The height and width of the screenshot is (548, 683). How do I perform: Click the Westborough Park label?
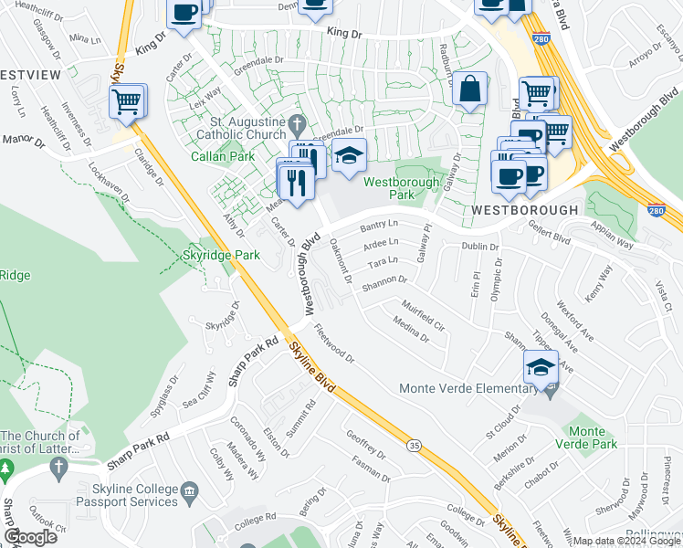(401, 188)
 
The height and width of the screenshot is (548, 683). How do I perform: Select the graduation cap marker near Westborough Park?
(348, 156)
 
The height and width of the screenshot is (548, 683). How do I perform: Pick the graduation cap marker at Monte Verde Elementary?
(541, 368)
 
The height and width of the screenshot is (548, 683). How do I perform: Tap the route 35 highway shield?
(415, 446)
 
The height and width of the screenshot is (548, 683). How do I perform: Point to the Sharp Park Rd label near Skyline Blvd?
(253, 361)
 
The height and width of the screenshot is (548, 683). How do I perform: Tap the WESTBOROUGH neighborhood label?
(525, 210)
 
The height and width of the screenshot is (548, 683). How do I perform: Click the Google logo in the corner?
(30, 537)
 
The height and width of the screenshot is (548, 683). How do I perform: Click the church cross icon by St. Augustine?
(296, 123)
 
